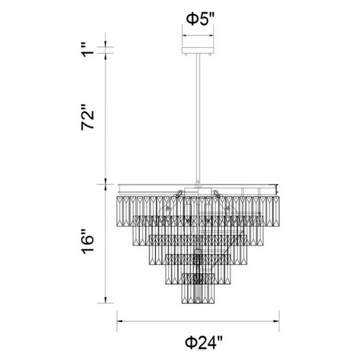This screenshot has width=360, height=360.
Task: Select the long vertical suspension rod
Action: coord(196,118)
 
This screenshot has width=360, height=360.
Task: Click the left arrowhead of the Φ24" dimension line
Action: coord(120,321)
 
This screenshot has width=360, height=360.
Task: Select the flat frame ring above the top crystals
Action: coord(196,187)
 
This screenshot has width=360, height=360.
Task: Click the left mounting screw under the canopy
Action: coord(185,56)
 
